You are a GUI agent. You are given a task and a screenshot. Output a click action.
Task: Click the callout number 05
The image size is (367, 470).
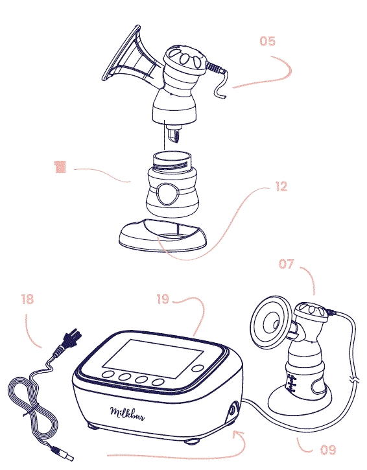[267, 41]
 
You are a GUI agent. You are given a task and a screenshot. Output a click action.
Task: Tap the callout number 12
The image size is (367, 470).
[281, 187]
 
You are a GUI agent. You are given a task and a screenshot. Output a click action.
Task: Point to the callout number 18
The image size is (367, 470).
[27, 300]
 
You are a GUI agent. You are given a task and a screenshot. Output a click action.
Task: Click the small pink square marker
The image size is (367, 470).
[60, 168]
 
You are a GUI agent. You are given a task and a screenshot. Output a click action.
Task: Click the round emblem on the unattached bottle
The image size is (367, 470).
[167, 193]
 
